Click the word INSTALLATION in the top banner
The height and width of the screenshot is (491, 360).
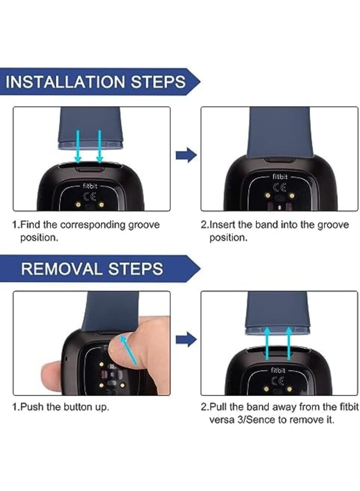click(65, 82)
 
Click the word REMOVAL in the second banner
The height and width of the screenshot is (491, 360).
click(62, 268)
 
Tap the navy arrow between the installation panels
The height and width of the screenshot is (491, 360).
click(186, 155)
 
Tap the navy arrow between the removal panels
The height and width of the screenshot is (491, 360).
click(186, 339)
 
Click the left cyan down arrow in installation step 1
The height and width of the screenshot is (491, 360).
click(78, 147)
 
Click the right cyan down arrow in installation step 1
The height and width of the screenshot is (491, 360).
click(100, 147)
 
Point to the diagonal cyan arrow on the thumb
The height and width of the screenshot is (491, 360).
click(128, 349)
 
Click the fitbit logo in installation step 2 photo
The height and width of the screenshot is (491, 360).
click(280, 177)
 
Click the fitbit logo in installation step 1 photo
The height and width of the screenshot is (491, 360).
click(90, 186)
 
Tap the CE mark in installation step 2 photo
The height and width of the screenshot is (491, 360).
click(280, 187)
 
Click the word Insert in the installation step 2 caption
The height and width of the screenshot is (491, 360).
click(222, 225)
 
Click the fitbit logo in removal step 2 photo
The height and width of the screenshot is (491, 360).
click(278, 370)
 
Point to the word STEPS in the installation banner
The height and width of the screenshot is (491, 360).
click(158, 82)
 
